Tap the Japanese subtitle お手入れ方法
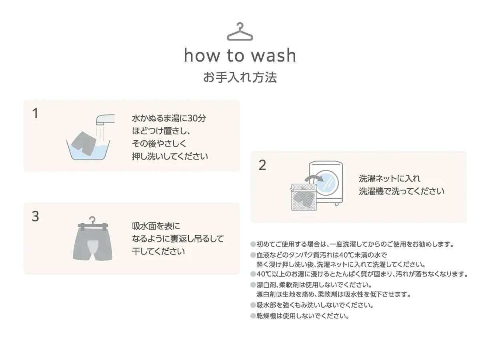240,78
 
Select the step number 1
35,113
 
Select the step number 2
262,165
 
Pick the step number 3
35,216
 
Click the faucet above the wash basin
105,120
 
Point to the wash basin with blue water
88,151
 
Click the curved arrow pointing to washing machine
314,178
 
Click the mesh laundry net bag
304,197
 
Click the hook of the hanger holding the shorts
92,219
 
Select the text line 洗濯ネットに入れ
389,178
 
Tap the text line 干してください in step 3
158,251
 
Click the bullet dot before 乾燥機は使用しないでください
253,316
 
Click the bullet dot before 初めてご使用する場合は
253,244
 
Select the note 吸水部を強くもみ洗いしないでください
315,305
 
